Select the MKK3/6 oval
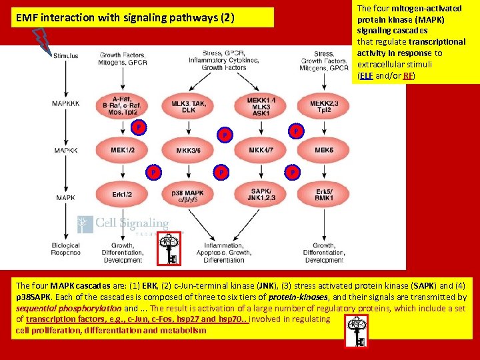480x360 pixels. (x=188, y=151)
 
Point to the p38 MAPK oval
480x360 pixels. (x=188, y=195)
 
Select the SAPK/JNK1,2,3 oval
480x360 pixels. (x=260, y=194)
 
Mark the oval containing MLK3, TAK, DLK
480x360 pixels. (x=189, y=105)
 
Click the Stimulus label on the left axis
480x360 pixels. (x=65, y=55)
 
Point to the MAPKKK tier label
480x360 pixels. (x=65, y=103)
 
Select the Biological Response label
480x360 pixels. (x=65, y=249)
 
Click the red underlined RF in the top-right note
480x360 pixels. (x=407, y=76)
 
